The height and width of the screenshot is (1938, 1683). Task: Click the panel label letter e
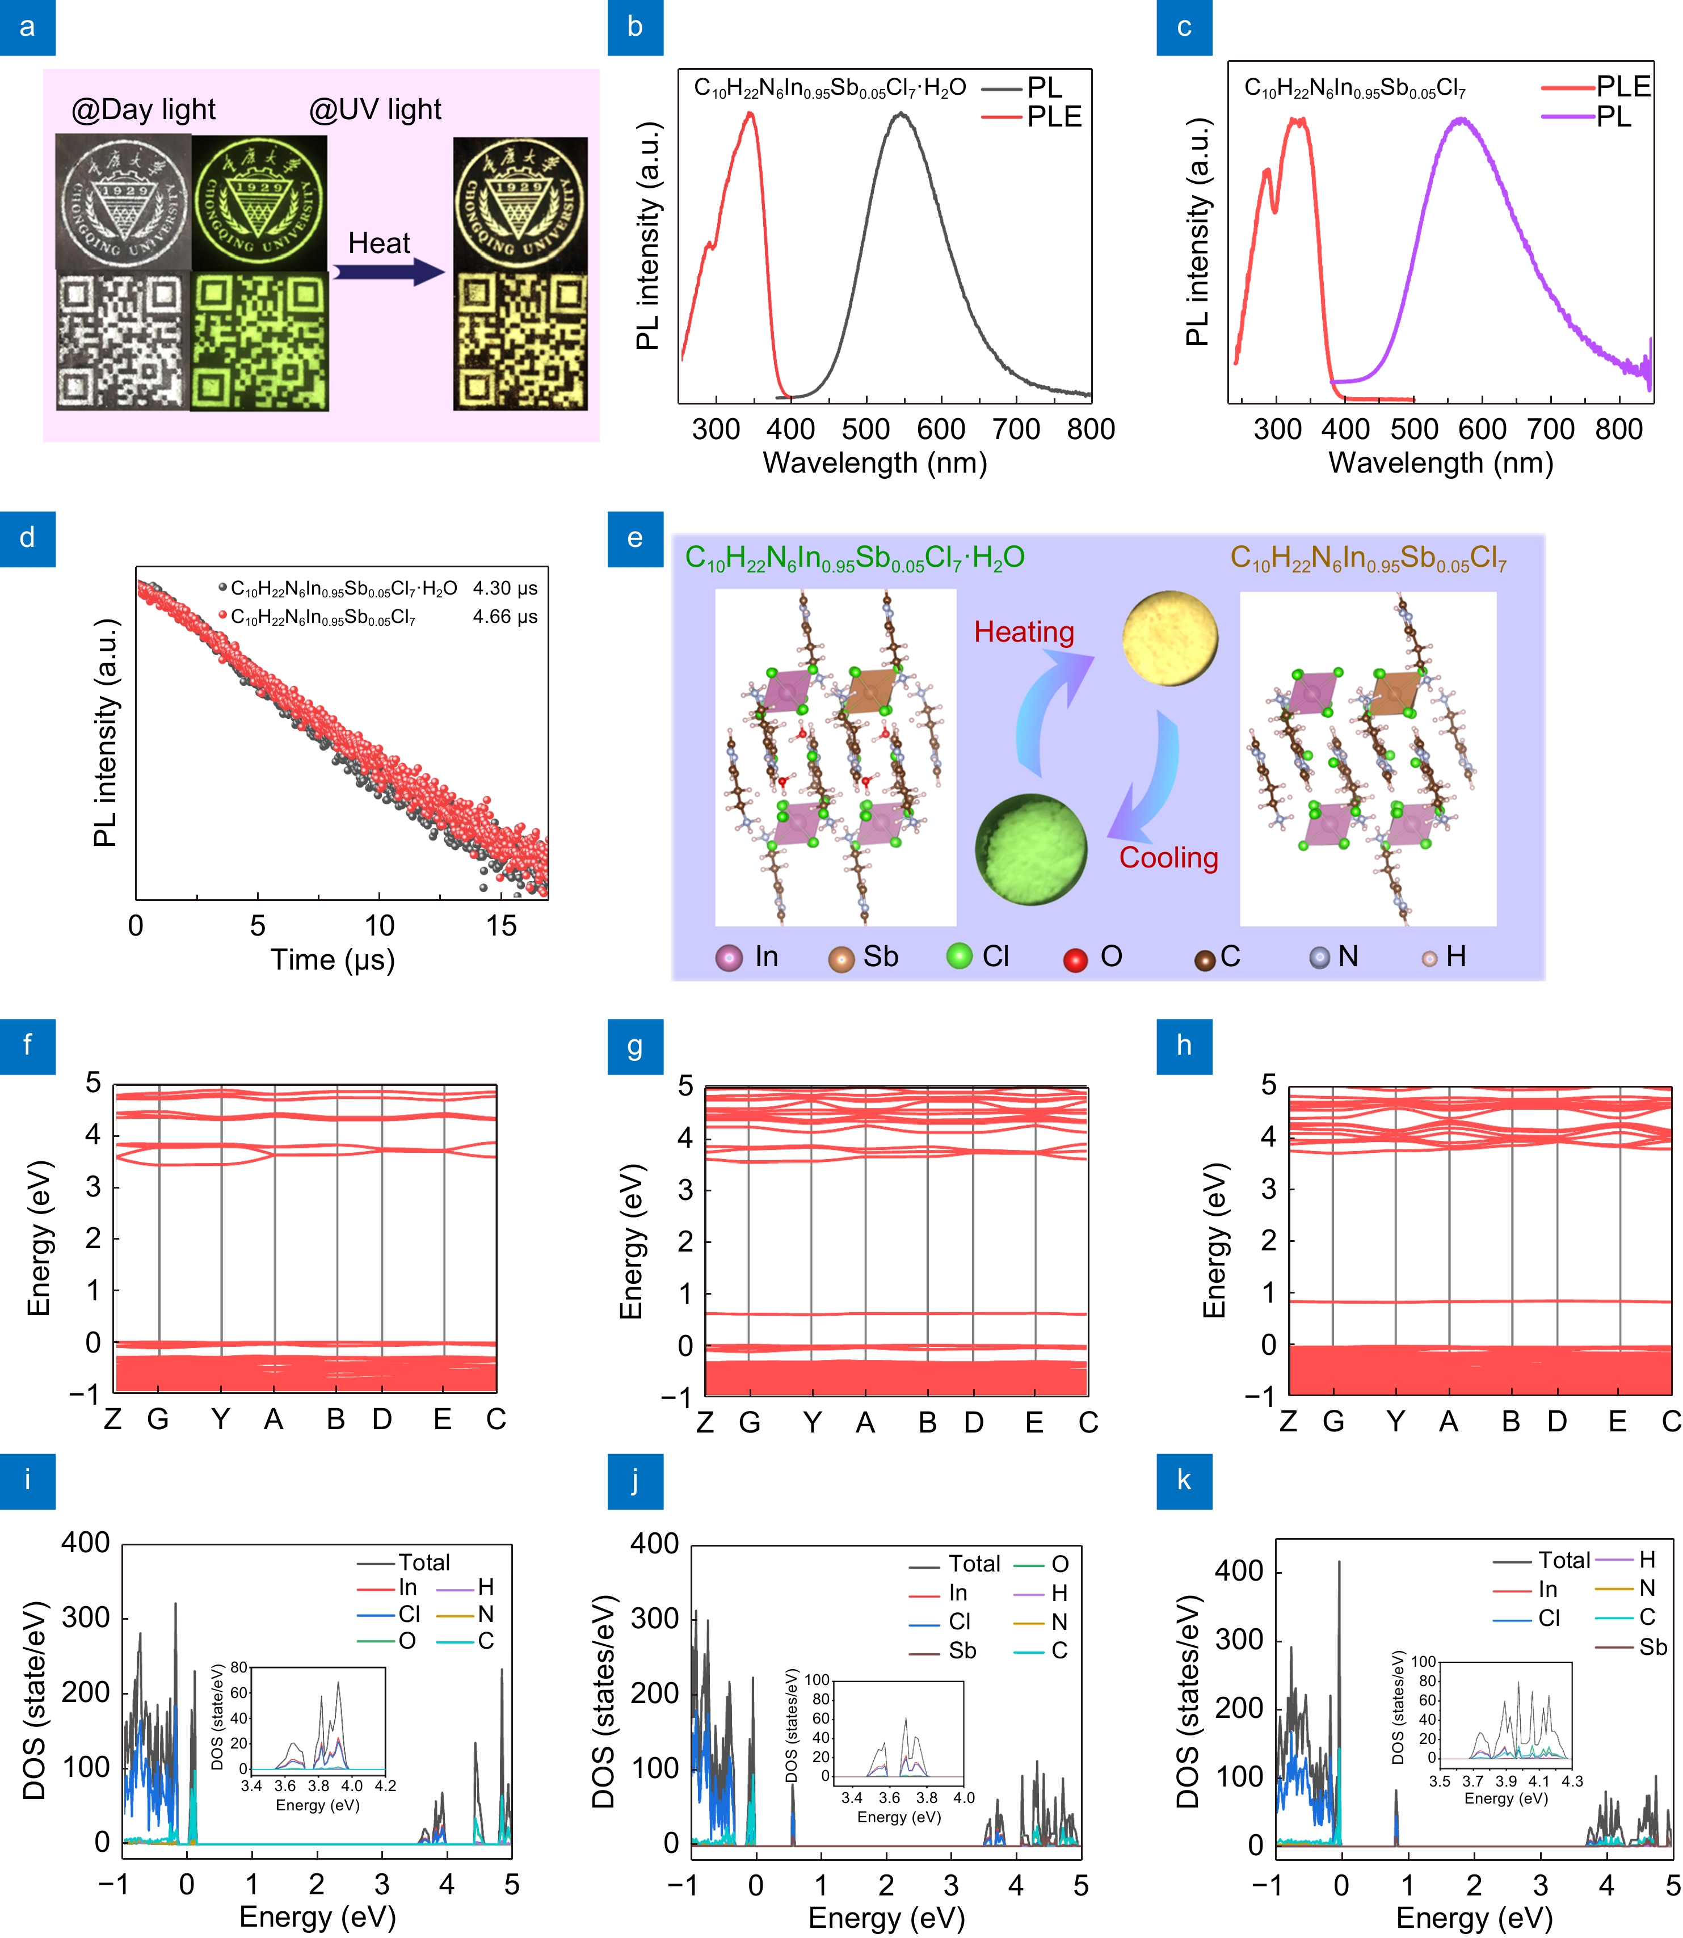tap(635, 538)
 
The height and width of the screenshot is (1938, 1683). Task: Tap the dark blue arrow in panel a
tap(388, 272)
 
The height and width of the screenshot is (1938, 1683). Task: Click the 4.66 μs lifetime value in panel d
tap(504, 617)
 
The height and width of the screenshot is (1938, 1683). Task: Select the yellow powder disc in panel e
tap(1170, 638)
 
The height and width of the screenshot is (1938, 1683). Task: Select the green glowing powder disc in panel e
tap(1030, 849)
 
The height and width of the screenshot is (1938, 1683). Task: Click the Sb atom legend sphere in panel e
tap(840, 959)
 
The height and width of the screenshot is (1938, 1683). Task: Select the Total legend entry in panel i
tap(423, 1562)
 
